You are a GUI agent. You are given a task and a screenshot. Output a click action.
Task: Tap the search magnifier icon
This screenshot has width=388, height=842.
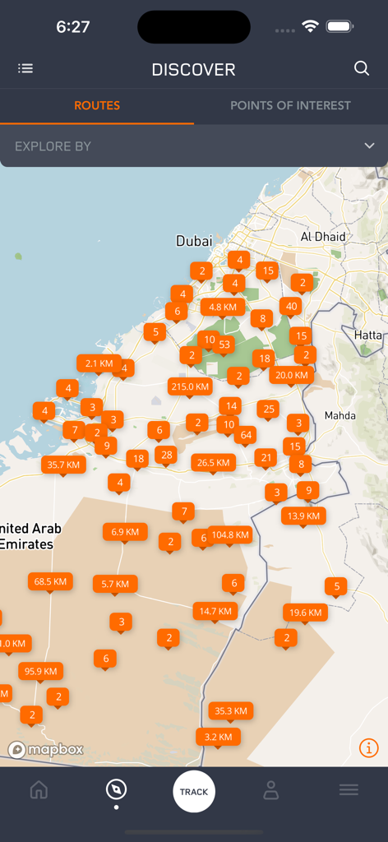click(x=362, y=69)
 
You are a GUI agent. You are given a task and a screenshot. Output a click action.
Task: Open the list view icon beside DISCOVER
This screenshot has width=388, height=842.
click(x=25, y=69)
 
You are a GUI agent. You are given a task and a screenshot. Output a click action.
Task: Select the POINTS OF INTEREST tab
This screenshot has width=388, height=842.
click(x=290, y=105)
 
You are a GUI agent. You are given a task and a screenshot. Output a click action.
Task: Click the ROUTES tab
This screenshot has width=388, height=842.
click(x=97, y=105)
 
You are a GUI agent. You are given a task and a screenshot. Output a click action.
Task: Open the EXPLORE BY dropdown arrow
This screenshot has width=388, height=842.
click(x=369, y=146)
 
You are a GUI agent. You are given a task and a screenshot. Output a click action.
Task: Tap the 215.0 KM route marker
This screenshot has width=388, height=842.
click(x=190, y=386)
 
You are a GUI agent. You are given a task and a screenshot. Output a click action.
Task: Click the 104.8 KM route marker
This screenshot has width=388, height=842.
click(x=230, y=534)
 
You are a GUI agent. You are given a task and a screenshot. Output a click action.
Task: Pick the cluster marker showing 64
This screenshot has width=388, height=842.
click(x=246, y=434)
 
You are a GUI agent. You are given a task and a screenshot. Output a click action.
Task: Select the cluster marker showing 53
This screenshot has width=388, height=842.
click(x=224, y=344)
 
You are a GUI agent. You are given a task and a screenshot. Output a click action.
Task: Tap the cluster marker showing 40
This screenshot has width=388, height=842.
click(x=289, y=306)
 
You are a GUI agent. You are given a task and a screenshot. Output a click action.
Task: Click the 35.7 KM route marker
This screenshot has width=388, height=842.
click(x=63, y=465)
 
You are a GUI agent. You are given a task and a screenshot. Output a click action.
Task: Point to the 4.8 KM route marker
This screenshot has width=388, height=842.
click(x=223, y=307)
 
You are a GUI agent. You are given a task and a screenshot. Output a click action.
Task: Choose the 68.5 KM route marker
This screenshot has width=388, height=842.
click(x=50, y=581)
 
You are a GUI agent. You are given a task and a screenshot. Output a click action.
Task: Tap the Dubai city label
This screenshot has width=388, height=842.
click(x=194, y=241)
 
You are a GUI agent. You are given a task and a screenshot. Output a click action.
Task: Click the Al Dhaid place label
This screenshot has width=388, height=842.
click(x=323, y=237)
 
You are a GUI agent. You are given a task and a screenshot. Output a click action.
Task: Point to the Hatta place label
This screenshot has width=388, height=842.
click(x=367, y=335)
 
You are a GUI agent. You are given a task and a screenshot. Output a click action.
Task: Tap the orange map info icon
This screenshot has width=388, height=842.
click(x=369, y=747)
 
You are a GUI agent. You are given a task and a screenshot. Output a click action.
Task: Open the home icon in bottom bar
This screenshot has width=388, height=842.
click(x=39, y=790)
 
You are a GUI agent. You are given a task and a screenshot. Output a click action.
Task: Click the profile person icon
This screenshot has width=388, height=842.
click(x=270, y=790)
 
